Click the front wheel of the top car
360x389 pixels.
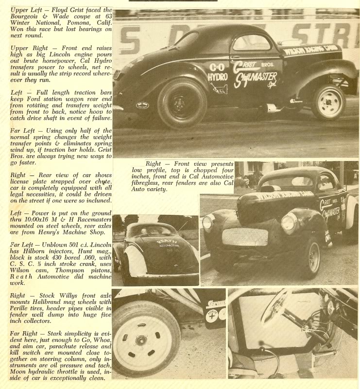pos(329,101)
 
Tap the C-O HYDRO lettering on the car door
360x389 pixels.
pos(217,72)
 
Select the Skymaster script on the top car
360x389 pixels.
pos(256,78)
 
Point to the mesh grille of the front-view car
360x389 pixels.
pos(245,237)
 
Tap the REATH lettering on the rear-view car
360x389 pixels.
pos(166,241)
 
